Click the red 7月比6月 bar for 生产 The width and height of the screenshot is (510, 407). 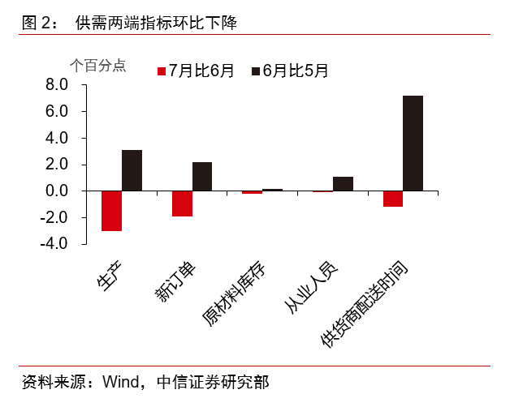(111, 211)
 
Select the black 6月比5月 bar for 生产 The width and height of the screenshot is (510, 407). (132, 170)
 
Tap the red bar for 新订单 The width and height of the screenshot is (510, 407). (182, 203)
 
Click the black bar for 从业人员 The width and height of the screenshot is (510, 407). (343, 184)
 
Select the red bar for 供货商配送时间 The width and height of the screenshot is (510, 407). (393, 199)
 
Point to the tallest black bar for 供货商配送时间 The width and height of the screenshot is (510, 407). (413, 144)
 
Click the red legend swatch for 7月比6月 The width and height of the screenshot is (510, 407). (162, 71)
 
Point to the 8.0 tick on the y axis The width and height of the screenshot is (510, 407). (55, 85)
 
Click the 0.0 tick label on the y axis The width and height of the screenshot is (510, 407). (55, 191)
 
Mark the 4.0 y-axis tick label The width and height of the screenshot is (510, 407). (55, 139)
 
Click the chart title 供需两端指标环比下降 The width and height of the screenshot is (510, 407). (155, 22)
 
